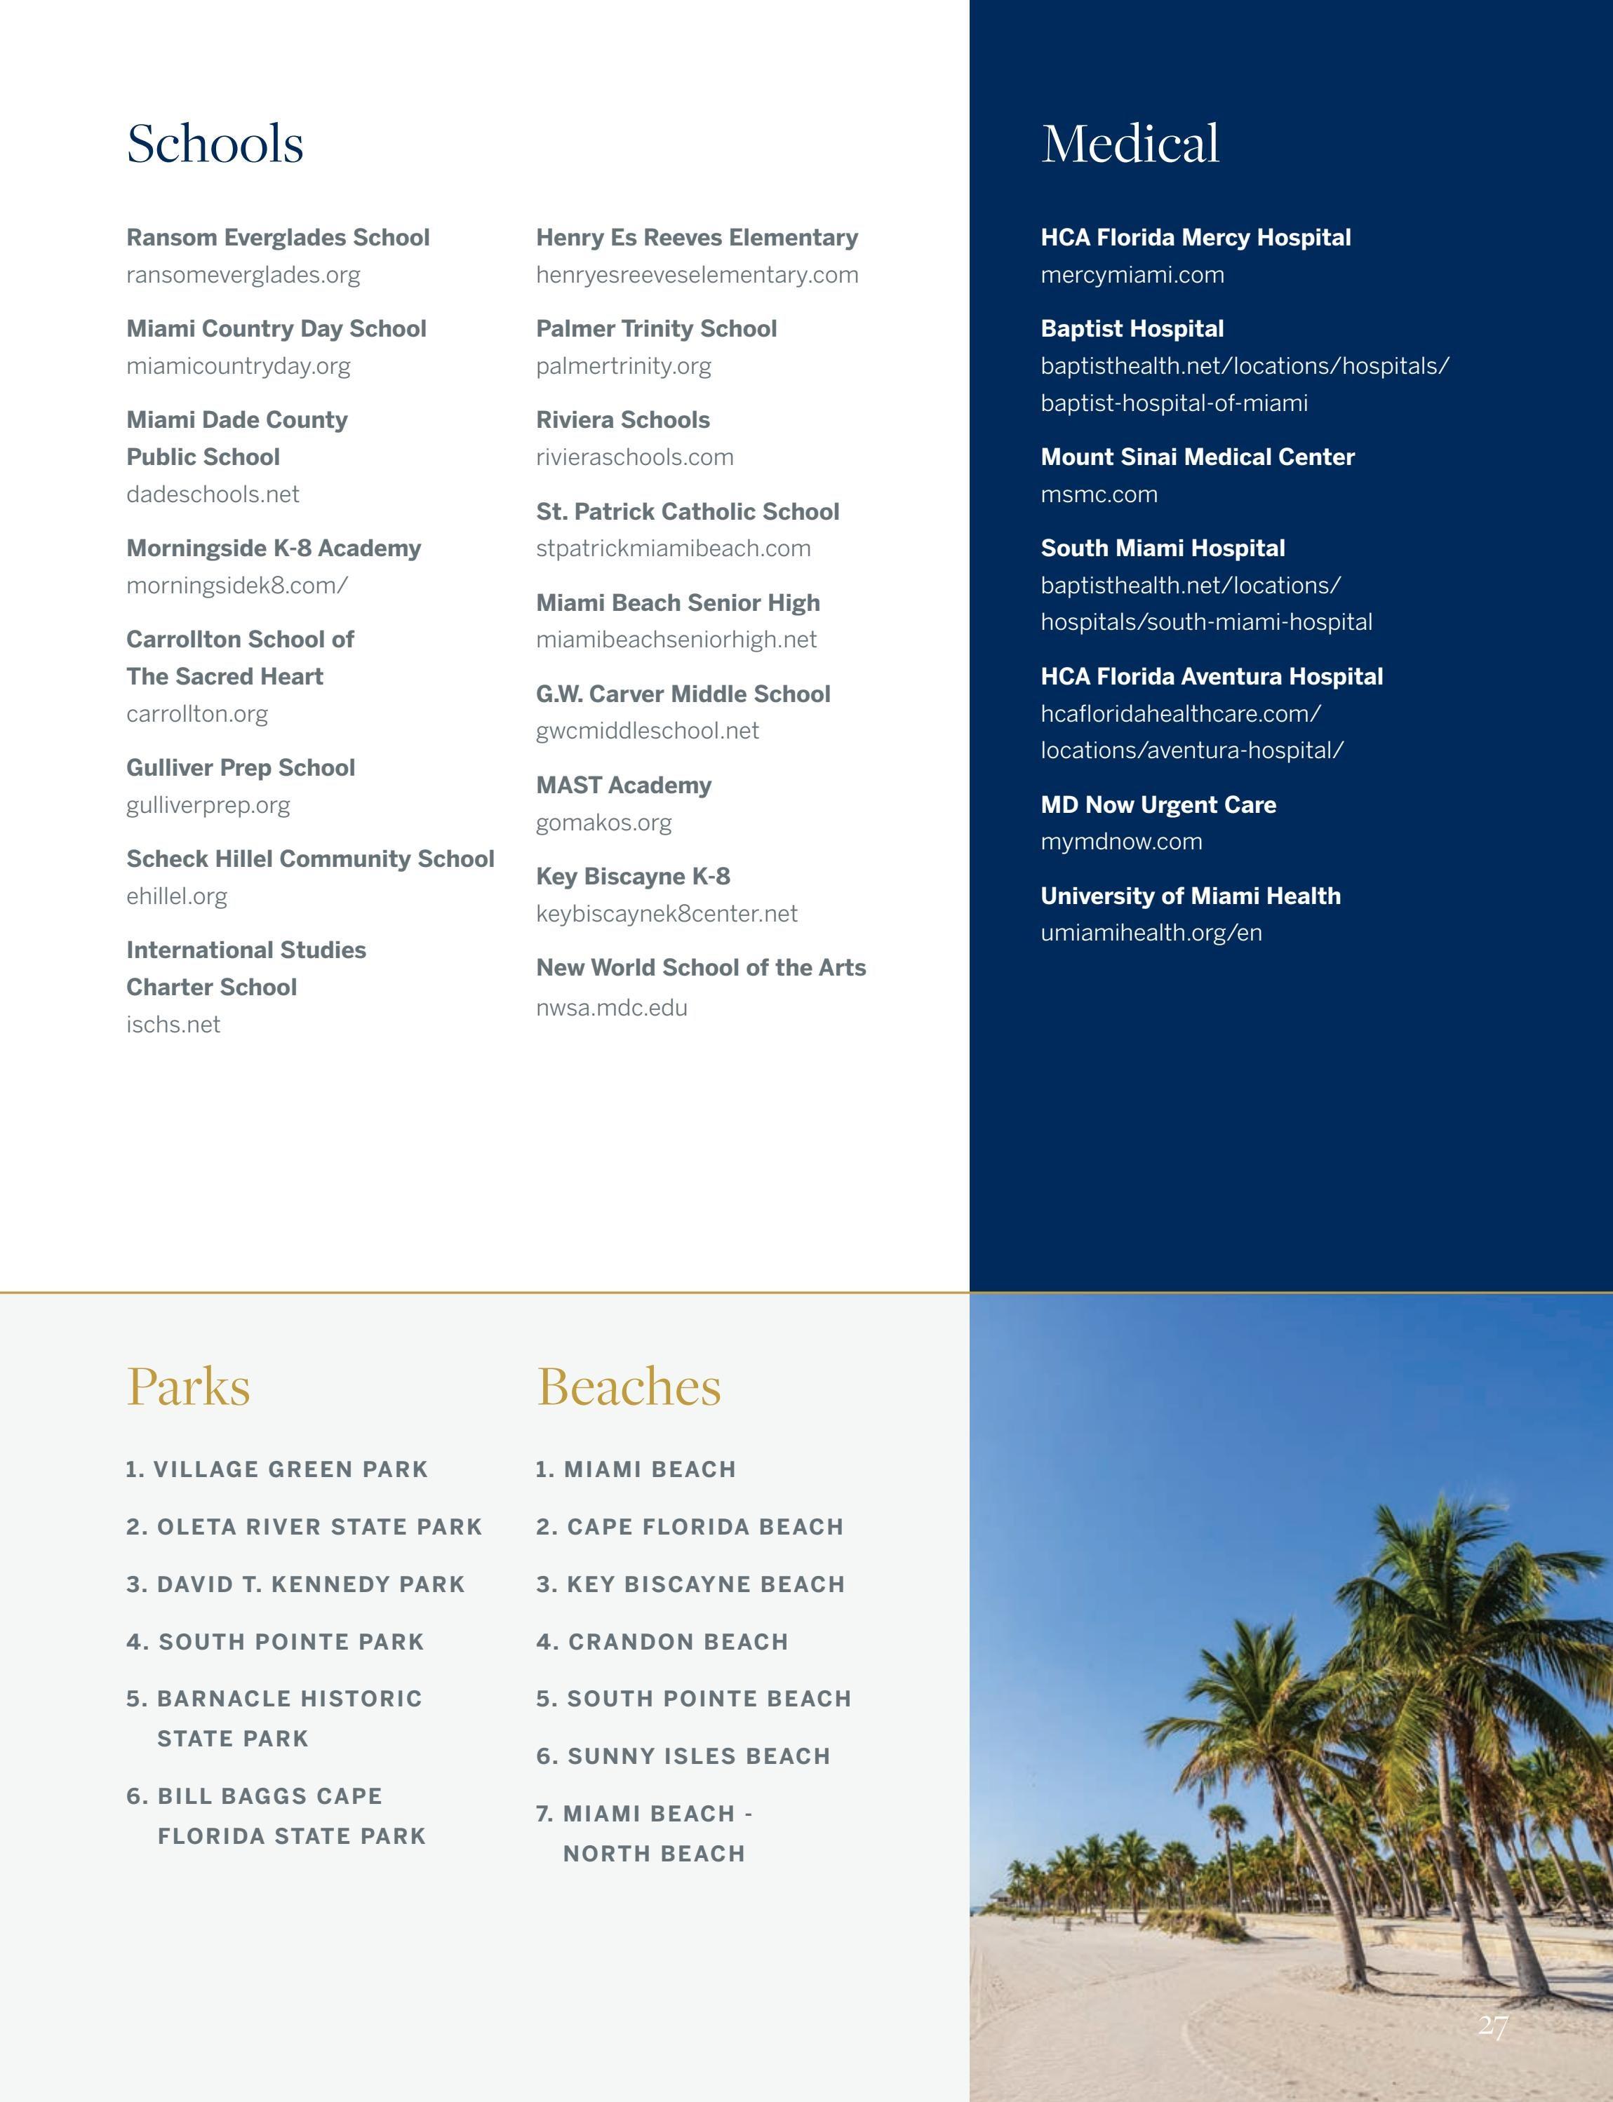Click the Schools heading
click(x=215, y=144)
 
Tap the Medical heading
click(x=1130, y=144)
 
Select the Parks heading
click(x=188, y=1387)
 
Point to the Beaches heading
click(x=628, y=1387)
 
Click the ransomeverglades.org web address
click(x=243, y=276)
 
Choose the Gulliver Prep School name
click(x=240, y=768)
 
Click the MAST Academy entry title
click(x=623, y=785)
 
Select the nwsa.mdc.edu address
click(x=612, y=1008)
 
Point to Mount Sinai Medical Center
click(x=1197, y=457)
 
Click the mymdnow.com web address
click(x=1120, y=842)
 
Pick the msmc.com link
click(x=1099, y=494)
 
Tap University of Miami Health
click(x=1191, y=896)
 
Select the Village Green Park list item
click(x=276, y=1469)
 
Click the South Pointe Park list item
click(x=274, y=1642)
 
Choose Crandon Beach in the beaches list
click(x=662, y=1642)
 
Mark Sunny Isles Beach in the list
click(x=683, y=1756)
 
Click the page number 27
click(x=1493, y=2026)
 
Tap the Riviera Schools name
click(x=622, y=420)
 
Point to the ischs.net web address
click(x=173, y=1025)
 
